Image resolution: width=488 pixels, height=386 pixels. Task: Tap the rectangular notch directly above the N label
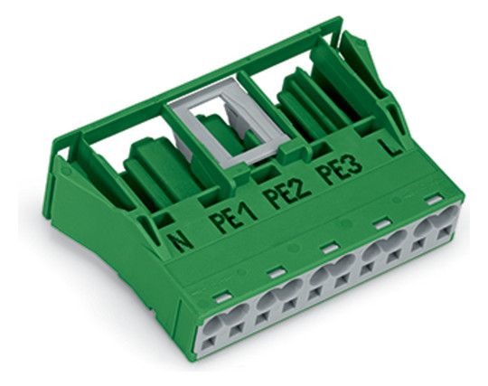click(x=163, y=220)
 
